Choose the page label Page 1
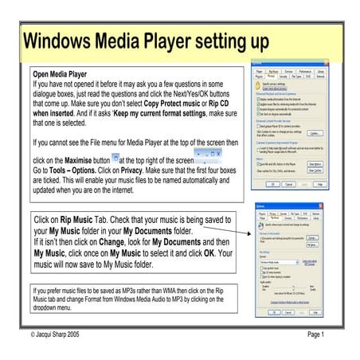(318, 334)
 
